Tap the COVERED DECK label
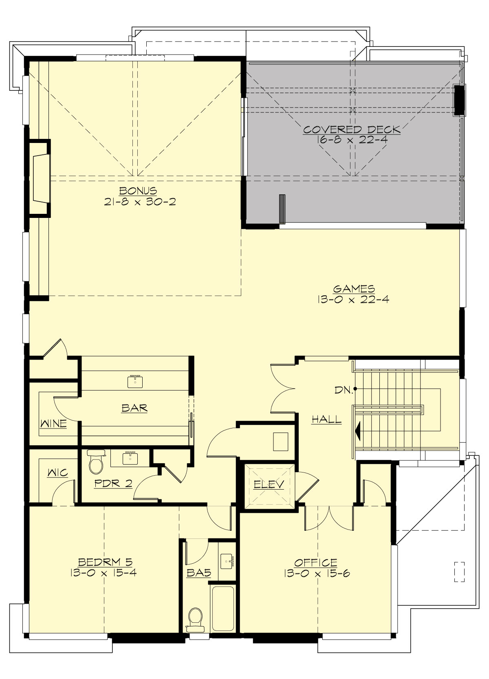[x=351, y=130]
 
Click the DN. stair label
[x=343, y=390]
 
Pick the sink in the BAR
[x=135, y=381]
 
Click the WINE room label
[x=53, y=424]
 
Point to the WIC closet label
[x=57, y=473]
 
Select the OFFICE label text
[x=316, y=563]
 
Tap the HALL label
[x=326, y=419]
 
